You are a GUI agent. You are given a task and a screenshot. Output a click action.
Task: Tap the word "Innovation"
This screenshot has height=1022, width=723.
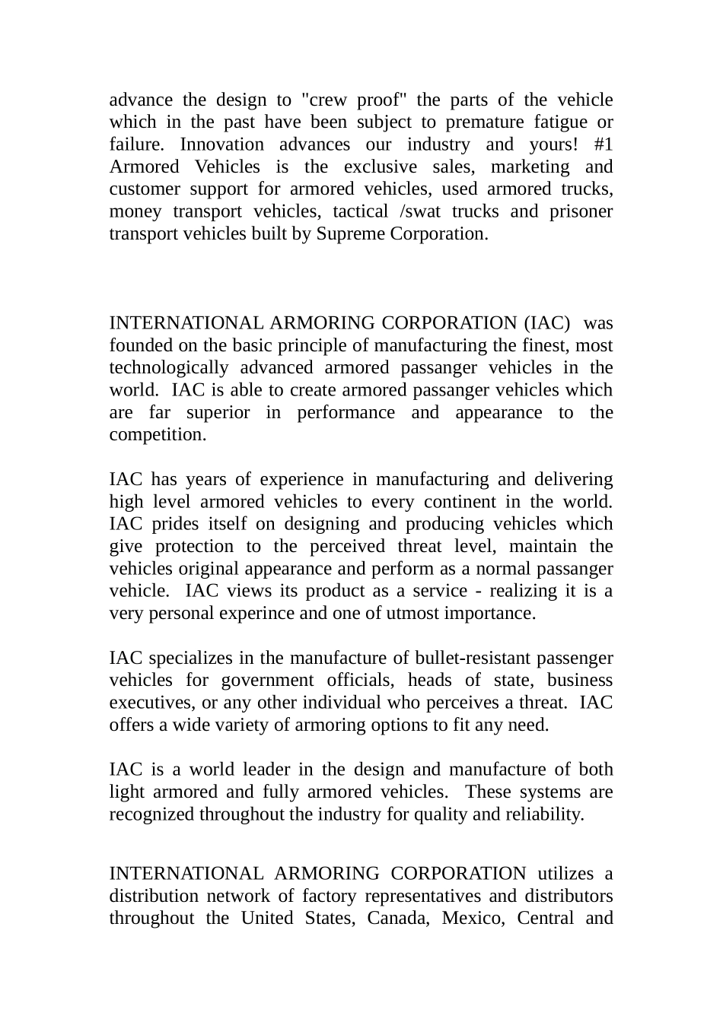click(221, 144)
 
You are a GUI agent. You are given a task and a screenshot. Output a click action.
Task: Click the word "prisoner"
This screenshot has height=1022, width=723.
click(581, 211)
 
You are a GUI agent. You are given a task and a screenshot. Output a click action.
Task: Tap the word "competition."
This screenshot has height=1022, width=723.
click(158, 435)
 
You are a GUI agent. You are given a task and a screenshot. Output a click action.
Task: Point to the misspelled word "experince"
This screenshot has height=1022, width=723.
click(256, 614)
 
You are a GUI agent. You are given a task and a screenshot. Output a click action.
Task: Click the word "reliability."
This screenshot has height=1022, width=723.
click(546, 814)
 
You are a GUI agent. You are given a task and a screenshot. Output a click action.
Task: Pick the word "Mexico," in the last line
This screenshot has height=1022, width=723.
click(472, 918)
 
